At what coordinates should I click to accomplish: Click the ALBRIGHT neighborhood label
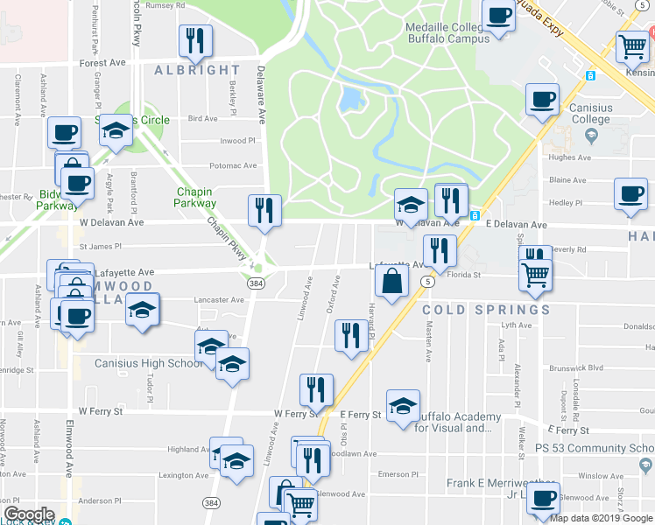[x=196, y=70]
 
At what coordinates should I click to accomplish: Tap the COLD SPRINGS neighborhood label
[x=486, y=310]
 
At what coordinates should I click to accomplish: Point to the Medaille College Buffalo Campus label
[x=447, y=33]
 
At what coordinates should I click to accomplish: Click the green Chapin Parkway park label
[x=195, y=197]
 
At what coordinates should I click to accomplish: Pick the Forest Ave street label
[x=102, y=63]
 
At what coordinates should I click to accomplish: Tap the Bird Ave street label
[x=202, y=118]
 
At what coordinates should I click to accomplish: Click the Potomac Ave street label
[x=233, y=165]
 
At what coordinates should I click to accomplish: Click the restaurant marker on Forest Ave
[x=194, y=40]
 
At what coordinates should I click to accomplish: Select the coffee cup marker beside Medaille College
[x=498, y=16]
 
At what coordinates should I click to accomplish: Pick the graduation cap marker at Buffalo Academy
[x=403, y=406]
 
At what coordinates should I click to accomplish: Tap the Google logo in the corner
[x=29, y=514]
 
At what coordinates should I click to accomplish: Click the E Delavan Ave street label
[x=521, y=224]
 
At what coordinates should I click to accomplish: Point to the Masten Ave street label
[x=429, y=340]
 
